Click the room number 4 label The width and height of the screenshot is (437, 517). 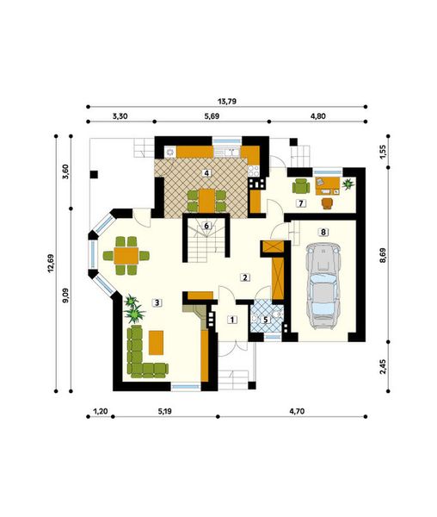tap(206, 173)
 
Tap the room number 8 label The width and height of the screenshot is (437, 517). tap(323, 232)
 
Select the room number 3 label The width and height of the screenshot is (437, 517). tap(157, 302)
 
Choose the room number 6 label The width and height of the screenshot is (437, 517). tap(206, 227)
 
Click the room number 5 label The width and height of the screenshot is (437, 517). tap(266, 320)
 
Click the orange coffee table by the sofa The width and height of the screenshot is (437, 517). tap(157, 341)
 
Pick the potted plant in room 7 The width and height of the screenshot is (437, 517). tap(348, 183)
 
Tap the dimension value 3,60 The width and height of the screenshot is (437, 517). tap(65, 171)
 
